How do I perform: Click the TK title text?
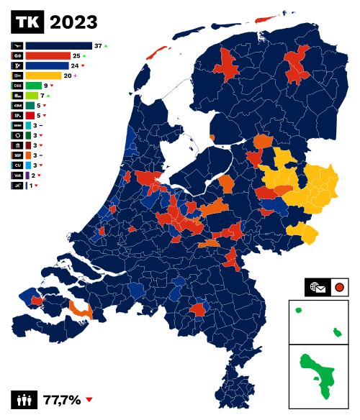[27, 22]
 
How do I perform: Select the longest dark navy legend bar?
[59, 45]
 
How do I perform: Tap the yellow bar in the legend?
[43, 76]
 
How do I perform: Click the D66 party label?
[17, 86]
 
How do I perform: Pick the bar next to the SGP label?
[28, 155]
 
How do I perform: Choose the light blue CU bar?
[28, 165]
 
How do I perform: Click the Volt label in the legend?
[17, 175]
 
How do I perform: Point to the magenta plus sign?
[75, 76]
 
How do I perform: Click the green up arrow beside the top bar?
[106, 46]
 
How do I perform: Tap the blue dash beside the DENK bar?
[40, 125]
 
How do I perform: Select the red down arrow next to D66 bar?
[52, 86]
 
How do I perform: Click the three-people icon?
[24, 400]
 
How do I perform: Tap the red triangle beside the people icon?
[89, 400]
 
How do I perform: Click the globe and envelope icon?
[318, 288]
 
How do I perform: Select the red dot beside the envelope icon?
[339, 288]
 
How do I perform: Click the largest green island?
[317, 374]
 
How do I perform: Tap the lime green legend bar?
[32, 96]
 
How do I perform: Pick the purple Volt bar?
[27, 175]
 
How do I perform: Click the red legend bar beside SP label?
[30, 115]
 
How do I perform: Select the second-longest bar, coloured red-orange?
[48, 55]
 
